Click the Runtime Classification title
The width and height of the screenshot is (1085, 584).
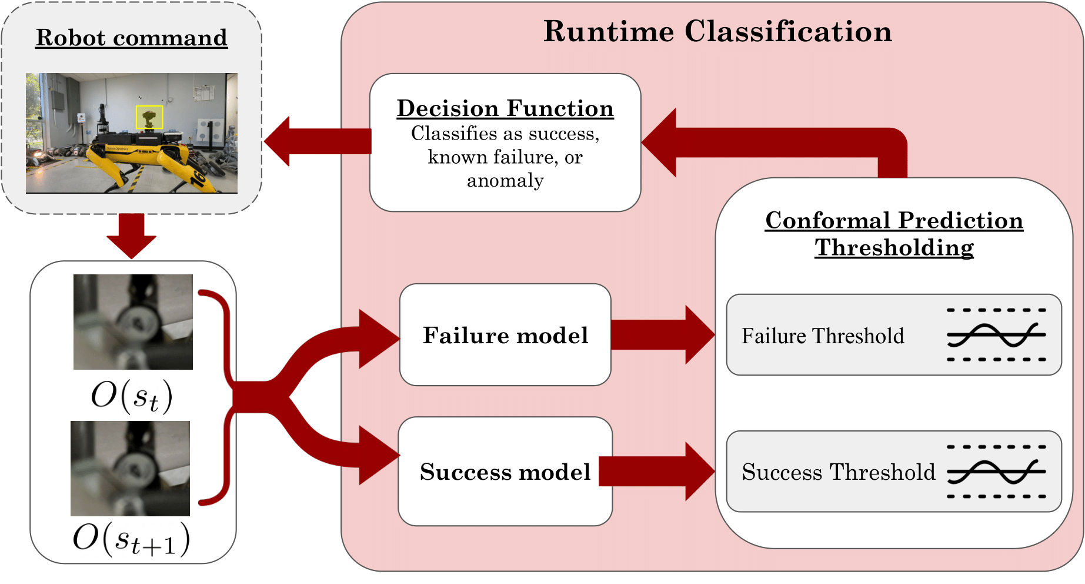pyautogui.click(x=717, y=31)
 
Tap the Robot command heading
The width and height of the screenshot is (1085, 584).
pyautogui.click(x=131, y=38)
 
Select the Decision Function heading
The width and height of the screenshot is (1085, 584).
pyautogui.click(x=505, y=108)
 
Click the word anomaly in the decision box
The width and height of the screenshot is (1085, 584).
pyautogui.click(x=505, y=180)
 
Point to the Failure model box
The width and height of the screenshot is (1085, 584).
pyautogui.click(x=505, y=335)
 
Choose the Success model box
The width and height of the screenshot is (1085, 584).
pyautogui.click(x=505, y=472)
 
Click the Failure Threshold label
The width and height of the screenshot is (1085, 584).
pyautogui.click(x=822, y=336)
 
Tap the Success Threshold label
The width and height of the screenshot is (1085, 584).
pyautogui.click(x=838, y=472)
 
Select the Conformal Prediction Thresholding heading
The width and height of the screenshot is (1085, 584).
pyautogui.click(x=894, y=234)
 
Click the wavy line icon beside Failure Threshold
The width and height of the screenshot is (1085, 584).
pyautogui.click(x=996, y=335)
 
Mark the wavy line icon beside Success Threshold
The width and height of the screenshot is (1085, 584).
pyautogui.click(x=996, y=472)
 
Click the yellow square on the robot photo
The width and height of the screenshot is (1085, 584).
pyautogui.click(x=149, y=117)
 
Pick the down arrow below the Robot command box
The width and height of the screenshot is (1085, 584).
pyautogui.click(x=131, y=235)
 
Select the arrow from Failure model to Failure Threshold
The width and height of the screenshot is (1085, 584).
pyautogui.click(x=662, y=335)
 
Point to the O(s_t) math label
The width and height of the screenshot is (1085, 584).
pyautogui.click(x=132, y=396)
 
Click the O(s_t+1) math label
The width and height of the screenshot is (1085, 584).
pyautogui.click(x=132, y=539)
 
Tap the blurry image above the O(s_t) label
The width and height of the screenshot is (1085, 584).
pyautogui.click(x=133, y=322)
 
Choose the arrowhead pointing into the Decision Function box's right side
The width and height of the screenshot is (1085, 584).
pyautogui.click(x=660, y=142)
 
